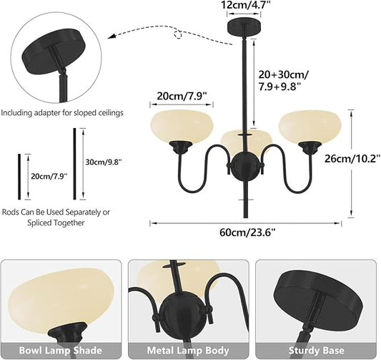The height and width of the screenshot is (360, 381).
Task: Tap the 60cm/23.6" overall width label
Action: point(247,233)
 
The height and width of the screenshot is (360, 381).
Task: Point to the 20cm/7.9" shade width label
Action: point(182,97)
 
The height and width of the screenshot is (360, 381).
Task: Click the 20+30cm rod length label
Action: point(283,80)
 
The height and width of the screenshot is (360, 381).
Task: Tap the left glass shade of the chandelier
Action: point(182,127)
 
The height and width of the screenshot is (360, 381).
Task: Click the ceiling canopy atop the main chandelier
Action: point(244,27)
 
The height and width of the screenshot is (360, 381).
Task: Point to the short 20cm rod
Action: point(19,177)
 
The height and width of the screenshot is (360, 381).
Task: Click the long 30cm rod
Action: point(75,164)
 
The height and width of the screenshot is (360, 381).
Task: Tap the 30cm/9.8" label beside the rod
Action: point(103,162)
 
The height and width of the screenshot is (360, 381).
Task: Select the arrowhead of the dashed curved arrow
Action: point(112,37)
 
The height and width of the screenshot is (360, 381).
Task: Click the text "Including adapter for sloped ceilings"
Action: point(62,113)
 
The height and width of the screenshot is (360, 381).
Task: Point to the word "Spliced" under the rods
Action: point(39,223)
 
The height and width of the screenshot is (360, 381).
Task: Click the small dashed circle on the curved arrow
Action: point(179,34)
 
